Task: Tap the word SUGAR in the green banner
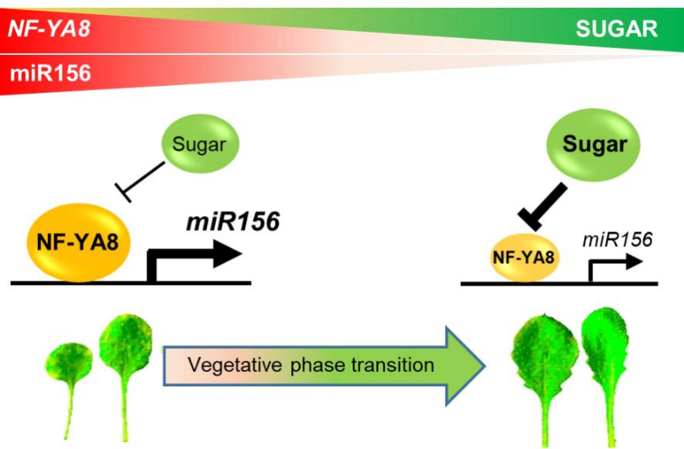[617, 29]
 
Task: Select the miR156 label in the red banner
[49, 74]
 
